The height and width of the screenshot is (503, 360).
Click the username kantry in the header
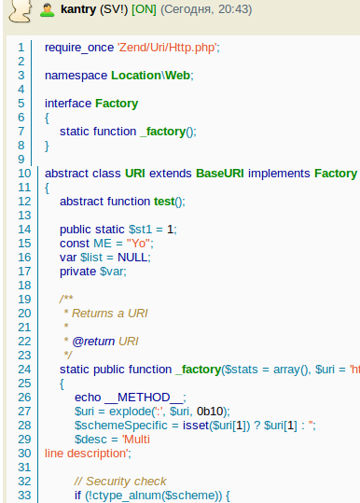click(x=78, y=9)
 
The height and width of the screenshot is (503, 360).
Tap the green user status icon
click(x=48, y=10)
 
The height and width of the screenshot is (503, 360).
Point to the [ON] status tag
click(x=144, y=9)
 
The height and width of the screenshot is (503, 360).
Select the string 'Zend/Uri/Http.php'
click(x=167, y=48)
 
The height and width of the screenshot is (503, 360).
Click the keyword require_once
click(x=79, y=48)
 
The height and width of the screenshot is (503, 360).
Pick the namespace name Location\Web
click(x=150, y=76)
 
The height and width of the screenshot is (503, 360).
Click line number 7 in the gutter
click(x=21, y=132)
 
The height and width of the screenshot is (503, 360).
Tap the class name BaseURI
click(x=220, y=174)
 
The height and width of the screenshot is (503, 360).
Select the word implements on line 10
click(x=279, y=174)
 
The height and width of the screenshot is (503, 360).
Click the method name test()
click(x=168, y=202)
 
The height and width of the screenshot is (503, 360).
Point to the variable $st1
click(x=141, y=230)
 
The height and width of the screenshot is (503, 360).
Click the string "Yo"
click(x=138, y=244)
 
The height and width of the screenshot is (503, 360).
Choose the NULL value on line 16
click(x=132, y=258)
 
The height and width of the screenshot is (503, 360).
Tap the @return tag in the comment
click(x=93, y=342)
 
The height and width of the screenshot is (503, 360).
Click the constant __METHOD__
click(x=144, y=398)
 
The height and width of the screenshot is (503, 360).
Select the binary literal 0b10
click(x=210, y=412)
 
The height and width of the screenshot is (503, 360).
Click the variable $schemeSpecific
click(x=121, y=426)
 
